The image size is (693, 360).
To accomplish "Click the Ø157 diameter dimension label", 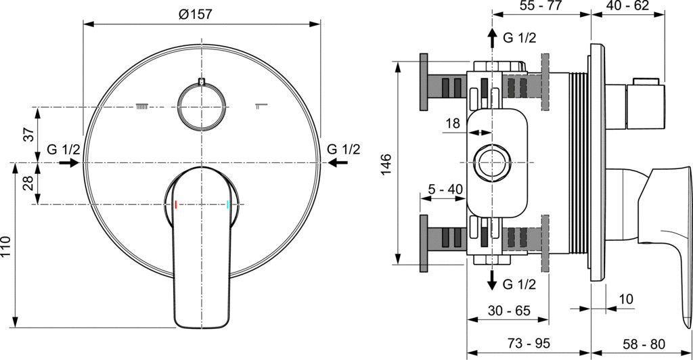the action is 195,14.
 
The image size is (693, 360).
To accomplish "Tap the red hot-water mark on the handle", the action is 176,204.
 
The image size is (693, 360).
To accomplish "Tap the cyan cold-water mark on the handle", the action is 227,204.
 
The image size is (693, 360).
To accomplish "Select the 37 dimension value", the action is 28,134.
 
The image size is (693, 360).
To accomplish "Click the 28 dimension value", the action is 28,183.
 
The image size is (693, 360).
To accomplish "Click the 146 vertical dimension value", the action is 386,164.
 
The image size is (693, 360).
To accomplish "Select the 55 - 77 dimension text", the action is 541,5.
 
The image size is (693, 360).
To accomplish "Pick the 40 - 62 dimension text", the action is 627,5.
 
